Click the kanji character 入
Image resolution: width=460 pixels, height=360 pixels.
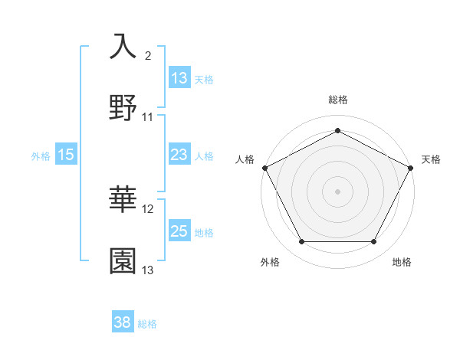[x=123, y=46]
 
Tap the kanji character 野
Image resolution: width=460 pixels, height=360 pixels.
[x=123, y=108]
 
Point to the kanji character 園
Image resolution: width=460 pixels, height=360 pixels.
[x=123, y=261]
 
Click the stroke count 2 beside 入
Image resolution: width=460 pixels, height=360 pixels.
[x=148, y=56]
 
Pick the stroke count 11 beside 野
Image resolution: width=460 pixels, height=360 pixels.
[x=148, y=117]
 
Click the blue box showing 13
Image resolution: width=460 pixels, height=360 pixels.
[x=179, y=78]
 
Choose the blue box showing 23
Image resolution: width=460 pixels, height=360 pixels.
[x=179, y=155]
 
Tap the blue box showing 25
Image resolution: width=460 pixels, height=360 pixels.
[x=179, y=231]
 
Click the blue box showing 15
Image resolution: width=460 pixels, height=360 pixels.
[x=66, y=155]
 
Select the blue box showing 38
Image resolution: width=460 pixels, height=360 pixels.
[x=123, y=323]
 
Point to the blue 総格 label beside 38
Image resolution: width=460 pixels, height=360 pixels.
[x=147, y=324]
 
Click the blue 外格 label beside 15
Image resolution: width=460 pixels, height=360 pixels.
[x=41, y=155]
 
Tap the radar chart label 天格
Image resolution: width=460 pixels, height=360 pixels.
[x=432, y=159]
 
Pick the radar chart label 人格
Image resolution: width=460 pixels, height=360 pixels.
[x=245, y=159]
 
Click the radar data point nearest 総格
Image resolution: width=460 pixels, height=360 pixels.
[x=337, y=130]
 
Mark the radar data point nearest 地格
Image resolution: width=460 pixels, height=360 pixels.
[x=374, y=242]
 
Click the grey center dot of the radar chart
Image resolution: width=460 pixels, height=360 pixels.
[x=337, y=191]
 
